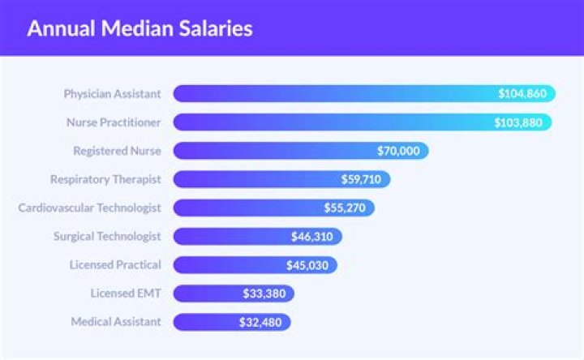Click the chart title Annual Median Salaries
pyautogui.click(x=140, y=29)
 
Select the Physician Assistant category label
pyautogui.click(x=112, y=93)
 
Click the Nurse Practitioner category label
pyautogui.click(x=114, y=122)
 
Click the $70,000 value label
pyautogui.click(x=399, y=151)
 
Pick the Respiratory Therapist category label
pyautogui.click(x=105, y=179)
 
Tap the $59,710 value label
pyautogui.click(x=363, y=179)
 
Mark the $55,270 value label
pyautogui.click(x=345, y=208)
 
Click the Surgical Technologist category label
pyautogui.click(x=107, y=236)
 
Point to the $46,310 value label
pyautogui.click(x=312, y=237)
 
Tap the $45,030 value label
pyautogui.click(x=308, y=265)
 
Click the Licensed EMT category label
pyautogui.click(x=126, y=293)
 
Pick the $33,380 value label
pyautogui.click(x=264, y=294)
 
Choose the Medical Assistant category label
pyautogui.click(x=116, y=321)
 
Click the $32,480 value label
pyautogui.click(x=261, y=322)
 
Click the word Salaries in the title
pyautogui.click(x=216, y=29)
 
